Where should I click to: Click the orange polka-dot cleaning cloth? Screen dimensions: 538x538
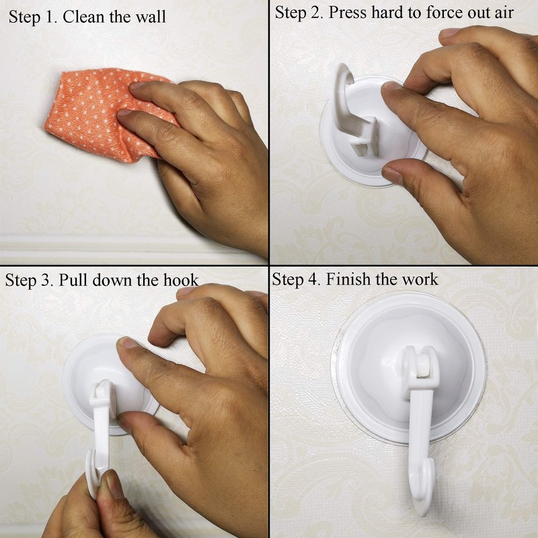(x=94, y=114)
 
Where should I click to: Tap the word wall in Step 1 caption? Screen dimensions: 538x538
(x=152, y=17)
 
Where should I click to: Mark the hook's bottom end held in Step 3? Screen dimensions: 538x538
(x=98, y=474)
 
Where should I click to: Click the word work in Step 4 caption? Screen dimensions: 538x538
(x=420, y=279)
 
